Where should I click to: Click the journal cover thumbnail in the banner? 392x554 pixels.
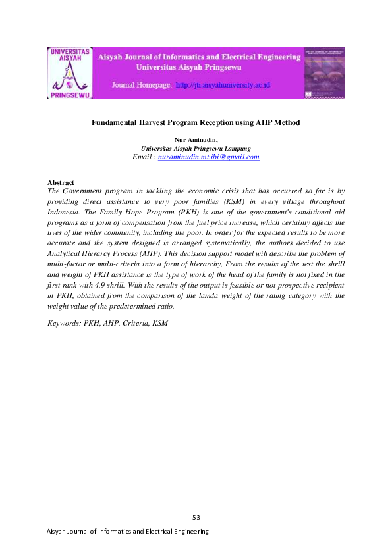324,73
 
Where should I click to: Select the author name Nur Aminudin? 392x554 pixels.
195,140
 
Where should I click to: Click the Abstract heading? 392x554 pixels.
61,182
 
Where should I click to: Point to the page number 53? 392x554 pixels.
196,517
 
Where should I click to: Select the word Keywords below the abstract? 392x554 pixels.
65,323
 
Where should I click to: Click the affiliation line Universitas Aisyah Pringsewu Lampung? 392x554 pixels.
196,149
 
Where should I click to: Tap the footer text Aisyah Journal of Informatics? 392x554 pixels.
99,531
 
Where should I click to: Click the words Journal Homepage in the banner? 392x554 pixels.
142,86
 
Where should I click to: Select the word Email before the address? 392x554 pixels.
143,157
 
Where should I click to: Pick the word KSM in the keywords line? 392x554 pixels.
160,323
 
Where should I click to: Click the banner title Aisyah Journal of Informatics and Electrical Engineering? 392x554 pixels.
199,57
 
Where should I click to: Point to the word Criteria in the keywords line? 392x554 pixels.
134,323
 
